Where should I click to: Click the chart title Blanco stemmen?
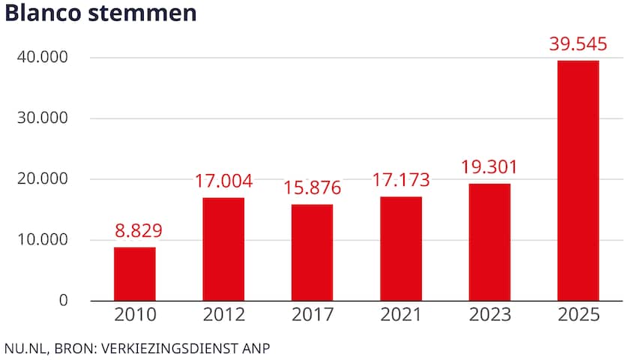click(x=100, y=15)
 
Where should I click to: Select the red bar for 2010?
click(x=135, y=274)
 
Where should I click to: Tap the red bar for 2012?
click(x=223, y=249)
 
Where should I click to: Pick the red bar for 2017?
click(x=313, y=252)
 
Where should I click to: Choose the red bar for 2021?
click(x=401, y=248)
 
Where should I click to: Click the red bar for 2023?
click(x=489, y=242)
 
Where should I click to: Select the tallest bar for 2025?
click(x=578, y=180)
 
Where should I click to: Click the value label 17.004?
click(x=223, y=181)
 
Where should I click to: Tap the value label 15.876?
click(x=313, y=188)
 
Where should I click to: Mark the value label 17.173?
click(x=401, y=181)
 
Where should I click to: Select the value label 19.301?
click(x=489, y=167)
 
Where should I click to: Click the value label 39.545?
click(x=578, y=44)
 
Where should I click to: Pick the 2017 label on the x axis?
click(x=313, y=315)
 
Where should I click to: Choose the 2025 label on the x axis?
click(x=578, y=315)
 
